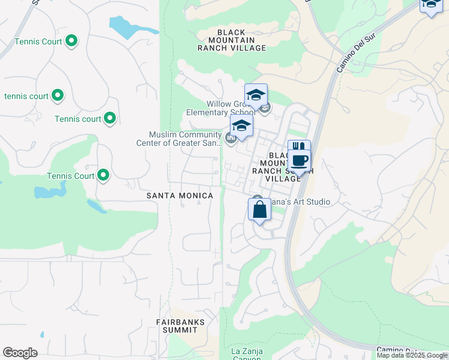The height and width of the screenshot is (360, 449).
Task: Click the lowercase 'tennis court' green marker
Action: click(58, 95)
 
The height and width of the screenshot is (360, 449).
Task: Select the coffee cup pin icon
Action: click(300, 160)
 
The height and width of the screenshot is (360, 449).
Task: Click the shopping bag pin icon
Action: click(259, 211)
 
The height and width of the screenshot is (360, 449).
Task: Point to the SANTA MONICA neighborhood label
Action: click(180, 196)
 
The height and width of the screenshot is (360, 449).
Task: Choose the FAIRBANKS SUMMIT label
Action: click(181, 326)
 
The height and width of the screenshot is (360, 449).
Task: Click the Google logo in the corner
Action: click(20, 353)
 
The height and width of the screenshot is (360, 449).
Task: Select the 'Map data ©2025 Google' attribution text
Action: click(412, 355)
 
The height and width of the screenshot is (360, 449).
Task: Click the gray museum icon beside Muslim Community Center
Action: click(231, 139)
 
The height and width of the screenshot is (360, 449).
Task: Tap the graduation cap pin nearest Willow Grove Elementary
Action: click(256, 95)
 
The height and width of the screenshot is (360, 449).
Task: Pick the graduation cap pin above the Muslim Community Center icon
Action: click(241, 126)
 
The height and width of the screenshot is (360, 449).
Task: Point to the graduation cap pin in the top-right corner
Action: click(430, 5)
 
